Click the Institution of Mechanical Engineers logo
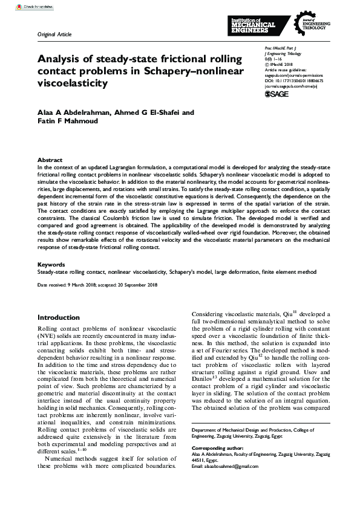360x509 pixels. click(x=253, y=26)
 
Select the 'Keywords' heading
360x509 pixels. click(x=51, y=264)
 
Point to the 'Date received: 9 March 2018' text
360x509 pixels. click(x=68, y=284)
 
